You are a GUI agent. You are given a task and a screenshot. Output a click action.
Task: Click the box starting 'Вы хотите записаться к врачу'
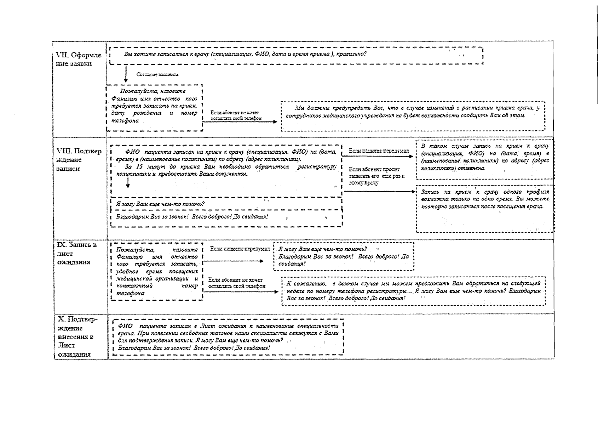point(296,55)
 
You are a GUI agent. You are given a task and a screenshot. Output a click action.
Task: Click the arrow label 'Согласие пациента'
point(157,74)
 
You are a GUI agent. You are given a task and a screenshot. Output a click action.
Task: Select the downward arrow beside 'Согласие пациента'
point(126,74)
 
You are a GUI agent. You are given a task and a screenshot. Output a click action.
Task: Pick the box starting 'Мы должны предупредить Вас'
point(413,116)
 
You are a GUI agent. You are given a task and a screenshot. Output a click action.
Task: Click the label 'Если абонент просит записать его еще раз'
point(376,176)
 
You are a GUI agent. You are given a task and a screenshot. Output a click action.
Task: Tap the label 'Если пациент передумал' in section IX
point(240,249)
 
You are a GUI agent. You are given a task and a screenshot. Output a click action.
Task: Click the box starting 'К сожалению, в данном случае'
point(413,291)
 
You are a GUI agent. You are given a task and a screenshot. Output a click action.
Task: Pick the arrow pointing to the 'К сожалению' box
point(241,292)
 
